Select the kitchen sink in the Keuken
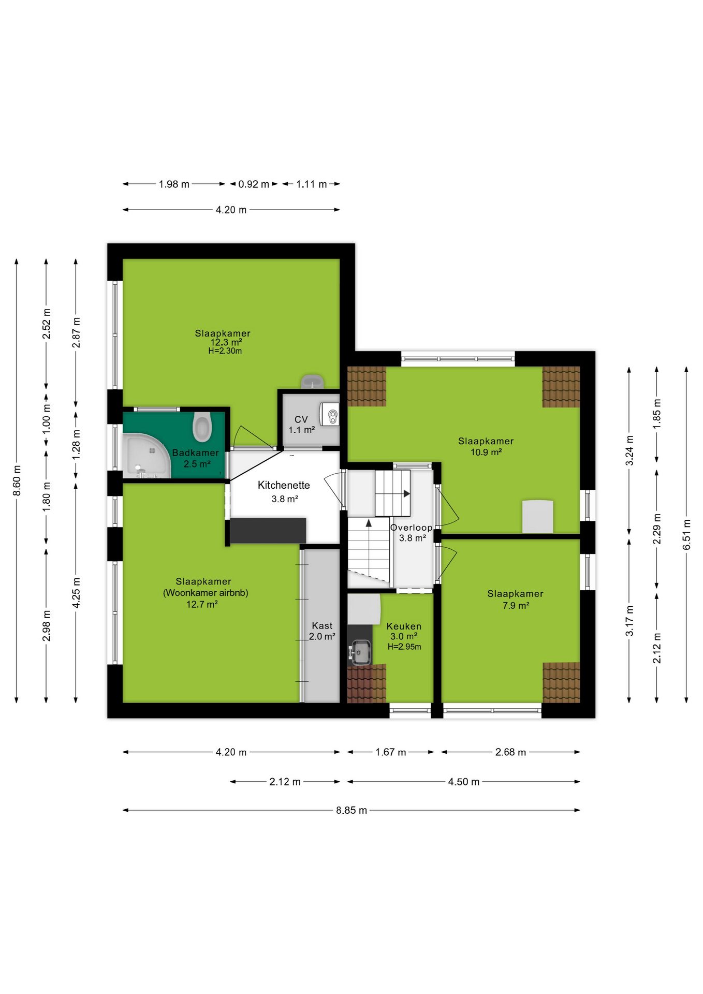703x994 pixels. [x=360, y=652]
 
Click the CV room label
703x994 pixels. [x=301, y=419]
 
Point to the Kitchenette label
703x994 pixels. [x=284, y=485]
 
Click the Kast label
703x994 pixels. [x=322, y=625]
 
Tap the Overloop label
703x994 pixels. [x=412, y=528]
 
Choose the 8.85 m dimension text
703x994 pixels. [x=352, y=810]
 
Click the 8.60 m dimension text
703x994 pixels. [x=17, y=480]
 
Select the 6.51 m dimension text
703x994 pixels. [x=686, y=534]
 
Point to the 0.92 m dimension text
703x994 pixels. [x=254, y=184]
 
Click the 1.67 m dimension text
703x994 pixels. [x=391, y=752]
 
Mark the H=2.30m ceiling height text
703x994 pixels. [x=225, y=351]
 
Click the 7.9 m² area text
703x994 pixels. [x=516, y=605]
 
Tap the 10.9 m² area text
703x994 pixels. [x=486, y=452]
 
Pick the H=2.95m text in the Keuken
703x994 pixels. [x=404, y=647]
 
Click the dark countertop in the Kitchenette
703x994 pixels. [x=268, y=531]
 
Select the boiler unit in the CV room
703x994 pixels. [x=330, y=414]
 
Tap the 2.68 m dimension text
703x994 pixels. [x=510, y=752]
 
